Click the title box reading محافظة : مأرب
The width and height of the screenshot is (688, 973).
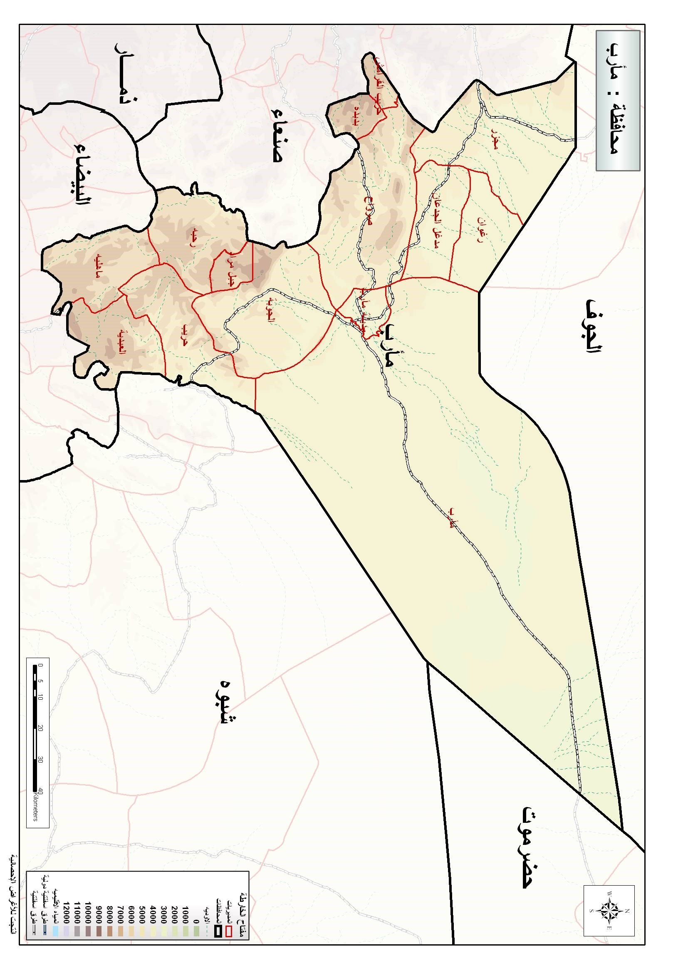tap(618, 100)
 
